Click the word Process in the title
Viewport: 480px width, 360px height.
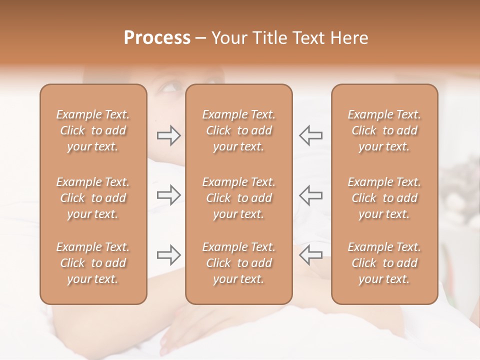[x=157, y=38]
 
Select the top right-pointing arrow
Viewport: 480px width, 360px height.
[x=168, y=135]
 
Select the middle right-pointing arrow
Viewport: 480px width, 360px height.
[x=168, y=195]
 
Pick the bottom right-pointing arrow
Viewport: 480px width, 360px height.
[x=168, y=254]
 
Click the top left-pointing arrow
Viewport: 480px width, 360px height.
[x=311, y=135]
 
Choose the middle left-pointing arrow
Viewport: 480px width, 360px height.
[x=311, y=195]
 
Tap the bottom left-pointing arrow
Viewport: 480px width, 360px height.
[x=311, y=254]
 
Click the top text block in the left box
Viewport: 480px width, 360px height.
[x=93, y=130]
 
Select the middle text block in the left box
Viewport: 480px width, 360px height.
[x=93, y=198]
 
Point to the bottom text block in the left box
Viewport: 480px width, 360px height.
[x=93, y=263]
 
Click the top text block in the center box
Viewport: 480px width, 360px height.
[x=238, y=130]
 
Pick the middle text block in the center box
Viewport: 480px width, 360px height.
[x=238, y=198]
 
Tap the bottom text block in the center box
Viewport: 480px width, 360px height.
[x=238, y=263]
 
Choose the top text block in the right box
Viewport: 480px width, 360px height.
[x=384, y=130]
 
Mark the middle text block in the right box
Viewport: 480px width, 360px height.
[x=384, y=198]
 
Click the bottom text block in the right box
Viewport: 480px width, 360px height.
[x=384, y=263]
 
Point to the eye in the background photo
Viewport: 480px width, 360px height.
[x=170, y=88]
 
